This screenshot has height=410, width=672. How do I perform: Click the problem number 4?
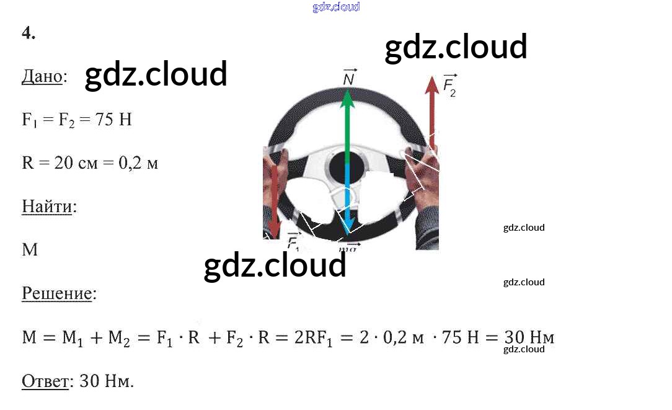(x=28, y=34)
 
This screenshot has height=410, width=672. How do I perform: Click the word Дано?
(x=42, y=77)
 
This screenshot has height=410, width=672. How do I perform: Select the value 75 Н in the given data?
(x=114, y=120)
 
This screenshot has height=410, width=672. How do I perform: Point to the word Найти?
(x=47, y=206)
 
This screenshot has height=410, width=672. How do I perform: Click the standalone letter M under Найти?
(x=30, y=250)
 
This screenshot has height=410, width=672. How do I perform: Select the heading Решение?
(x=57, y=293)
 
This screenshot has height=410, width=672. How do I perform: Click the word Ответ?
(x=45, y=381)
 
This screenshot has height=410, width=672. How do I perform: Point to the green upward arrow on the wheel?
(x=348, y=124)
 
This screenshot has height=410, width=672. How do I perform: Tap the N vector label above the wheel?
(x=348, y=78)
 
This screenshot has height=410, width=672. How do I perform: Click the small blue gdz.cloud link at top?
(x=336, y=7)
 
